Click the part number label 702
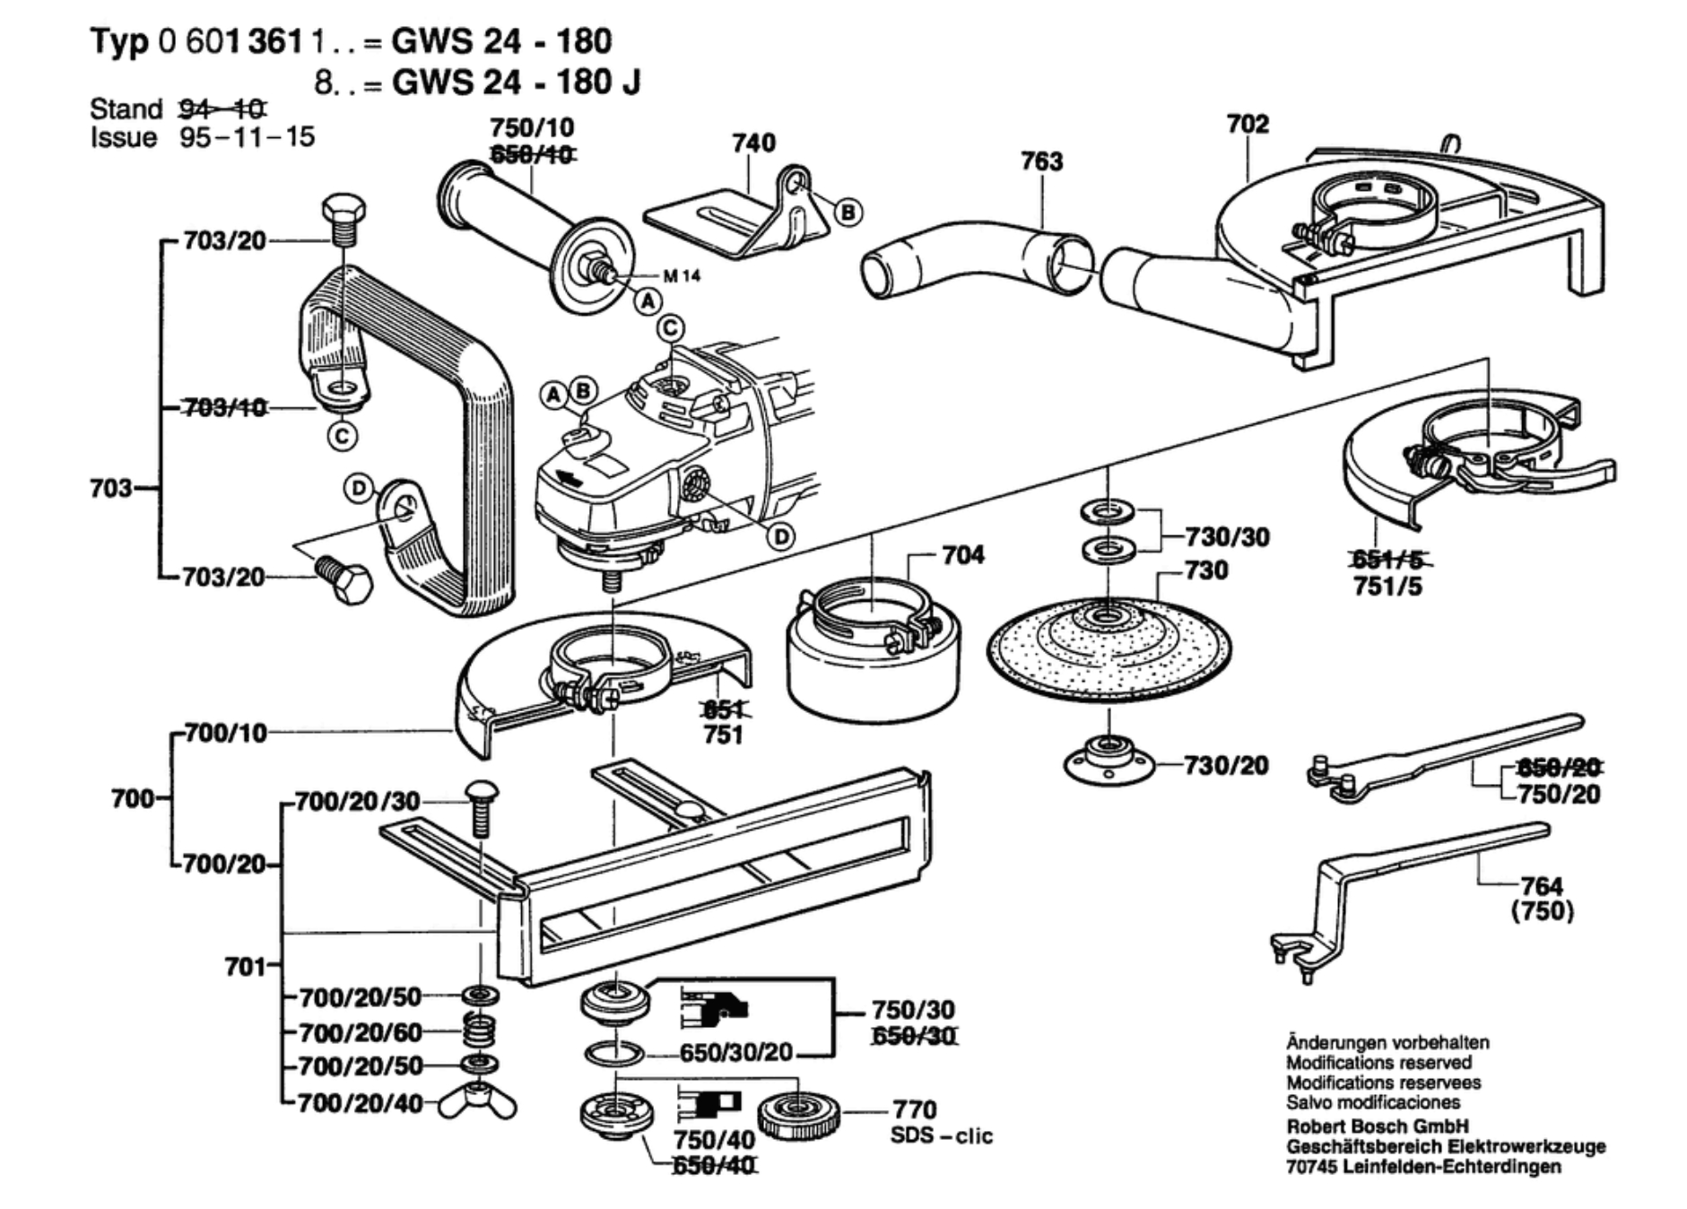coord(1248,124)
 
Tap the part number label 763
coord(1041,161)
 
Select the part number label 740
coord(753,144)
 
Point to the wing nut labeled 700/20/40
coord(477,1103)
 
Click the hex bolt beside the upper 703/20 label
coord(343,218)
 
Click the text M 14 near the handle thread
coord(682,276)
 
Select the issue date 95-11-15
coord(248,137)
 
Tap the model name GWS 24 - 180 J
coord(517,83)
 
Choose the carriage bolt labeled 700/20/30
coord(482,807)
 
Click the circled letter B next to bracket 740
coord(848,213)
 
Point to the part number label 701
coord(244,967)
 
